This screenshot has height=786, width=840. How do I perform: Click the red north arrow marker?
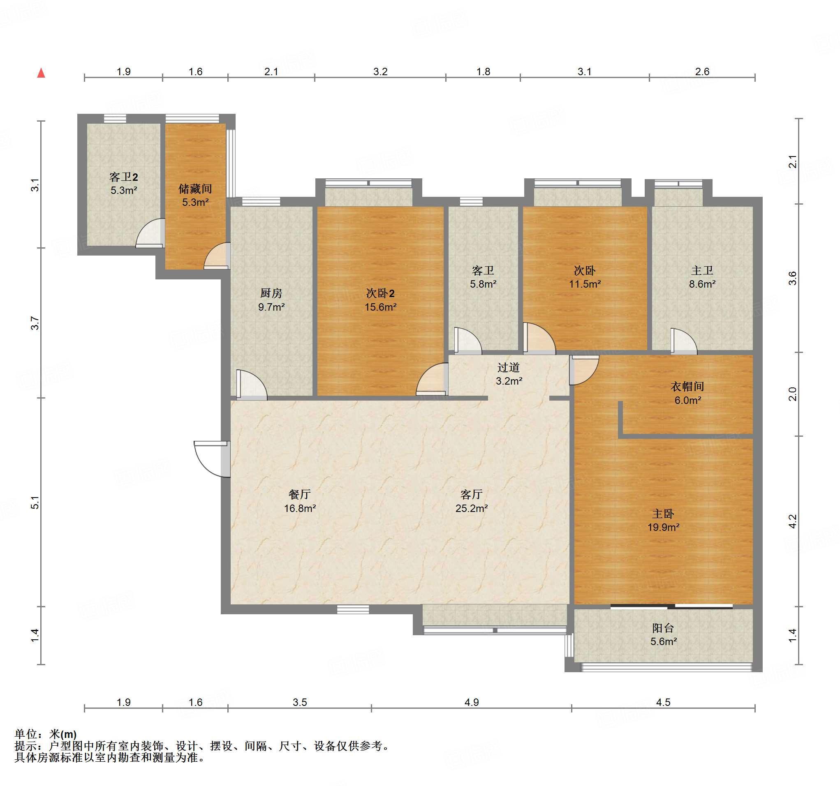[41, 73]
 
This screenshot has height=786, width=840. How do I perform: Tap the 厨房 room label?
[271, 293]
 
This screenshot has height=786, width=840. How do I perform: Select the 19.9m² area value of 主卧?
[663, 527]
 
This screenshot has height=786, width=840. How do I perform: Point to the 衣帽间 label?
[687, 386]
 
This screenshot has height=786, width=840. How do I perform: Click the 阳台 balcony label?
[663, 628]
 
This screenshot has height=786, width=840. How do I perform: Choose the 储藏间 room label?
[195, 188]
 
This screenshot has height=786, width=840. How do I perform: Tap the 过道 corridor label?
[508, 367]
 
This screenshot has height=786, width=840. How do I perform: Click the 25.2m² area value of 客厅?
[472, 508]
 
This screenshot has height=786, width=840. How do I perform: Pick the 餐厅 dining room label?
[300, 494]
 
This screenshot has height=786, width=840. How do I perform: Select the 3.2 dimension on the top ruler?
[380, 71]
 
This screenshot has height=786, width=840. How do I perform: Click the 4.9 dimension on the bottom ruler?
[472, 702]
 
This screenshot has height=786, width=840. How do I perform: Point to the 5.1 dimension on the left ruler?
[35, 502]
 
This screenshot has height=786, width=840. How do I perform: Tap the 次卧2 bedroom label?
[380, 293]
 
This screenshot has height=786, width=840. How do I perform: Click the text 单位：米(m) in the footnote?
[46, 735]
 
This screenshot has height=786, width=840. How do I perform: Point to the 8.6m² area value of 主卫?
[702, 284]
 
